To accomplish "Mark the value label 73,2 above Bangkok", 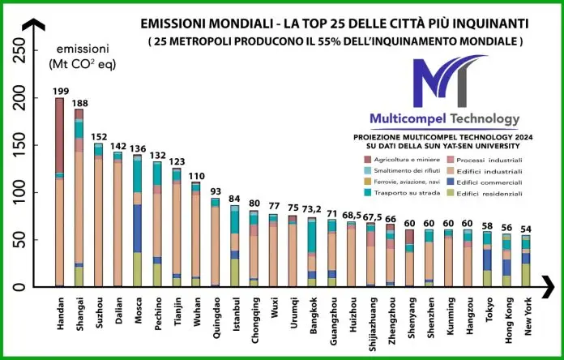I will click(310, 209).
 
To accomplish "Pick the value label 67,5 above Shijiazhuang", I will click(370, 217).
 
